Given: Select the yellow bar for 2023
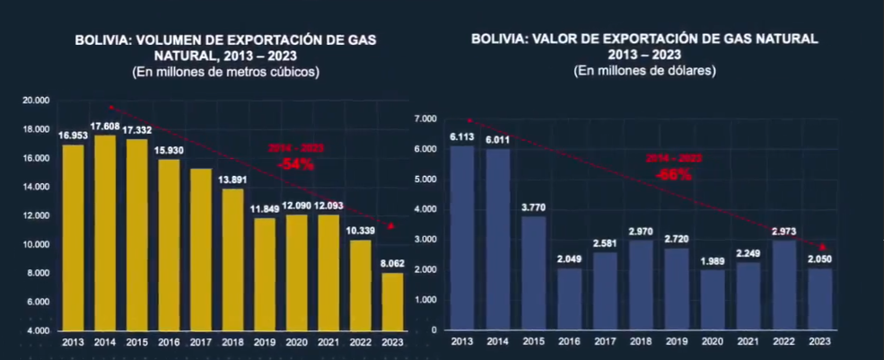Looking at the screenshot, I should [x=392, y=302].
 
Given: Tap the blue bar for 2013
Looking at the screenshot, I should [x=461, y=238].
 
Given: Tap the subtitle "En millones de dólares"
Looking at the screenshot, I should [x=644, y=70].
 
